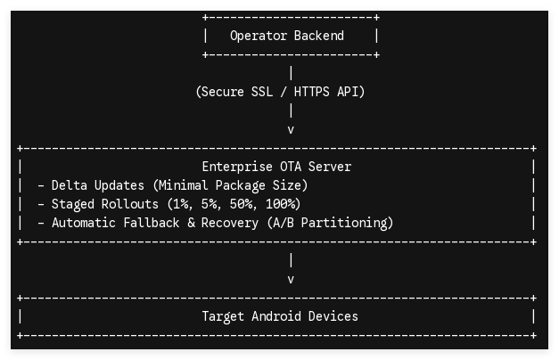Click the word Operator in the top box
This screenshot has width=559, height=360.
pos(259,36)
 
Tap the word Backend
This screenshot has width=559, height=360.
pos(319,36)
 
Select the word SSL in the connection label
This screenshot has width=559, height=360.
pos(262,92)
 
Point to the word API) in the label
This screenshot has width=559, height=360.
pos(351,92)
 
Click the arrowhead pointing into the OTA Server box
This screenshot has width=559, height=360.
pos(291,130)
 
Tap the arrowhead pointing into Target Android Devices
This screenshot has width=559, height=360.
pos(291,280)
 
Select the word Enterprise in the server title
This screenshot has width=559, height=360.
pos(237,167)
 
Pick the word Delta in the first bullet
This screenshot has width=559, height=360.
pos(70,185)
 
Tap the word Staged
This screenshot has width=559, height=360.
pos(73,205)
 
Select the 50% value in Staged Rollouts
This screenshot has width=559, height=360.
pos(243,204)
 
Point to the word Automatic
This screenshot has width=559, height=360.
pos(84,223)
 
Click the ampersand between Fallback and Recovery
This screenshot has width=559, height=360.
pos(191,223)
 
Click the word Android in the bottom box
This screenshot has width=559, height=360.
pos(276,316)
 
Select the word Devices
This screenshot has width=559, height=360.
pos(333,316)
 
